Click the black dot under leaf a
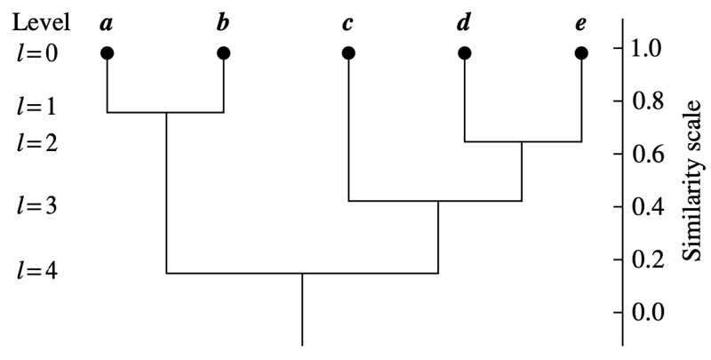pos(107,53)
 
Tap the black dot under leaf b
pos(223,53)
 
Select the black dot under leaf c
pos(348,53)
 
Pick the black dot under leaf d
pos(464,53)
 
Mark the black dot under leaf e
pos(581,53)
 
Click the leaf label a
pos(107,22)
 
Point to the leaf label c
pos(348,22)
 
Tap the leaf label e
pos(580,22)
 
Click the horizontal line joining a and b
pos(165,113)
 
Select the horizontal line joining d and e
pos(523,141)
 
